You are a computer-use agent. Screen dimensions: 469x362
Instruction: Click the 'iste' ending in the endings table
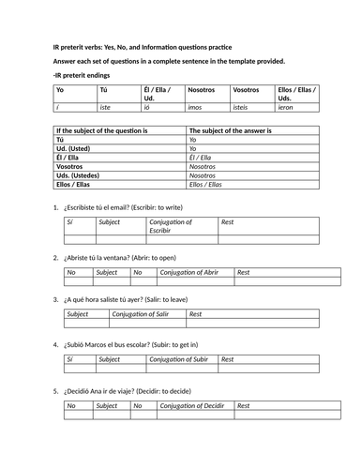(108, 108)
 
